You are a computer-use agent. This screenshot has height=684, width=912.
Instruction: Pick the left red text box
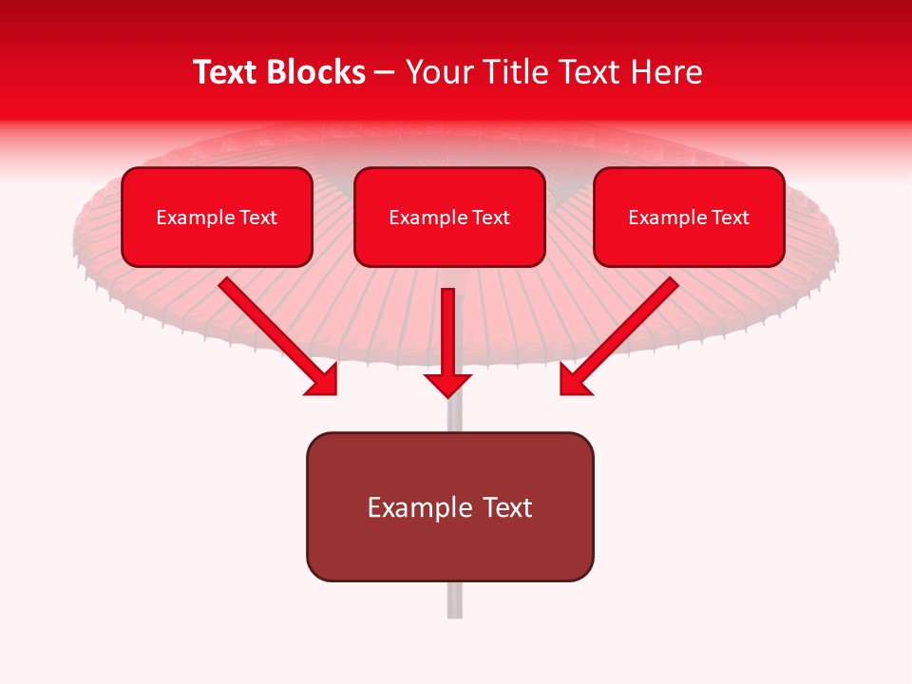click(217, 217)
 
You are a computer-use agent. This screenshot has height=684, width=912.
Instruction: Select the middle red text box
click(449, 217)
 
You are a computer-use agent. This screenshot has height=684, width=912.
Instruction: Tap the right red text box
click(689, 217)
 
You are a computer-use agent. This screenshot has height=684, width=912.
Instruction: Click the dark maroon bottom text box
click(449, 506)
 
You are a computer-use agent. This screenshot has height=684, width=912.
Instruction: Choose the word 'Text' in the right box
click(730, 218)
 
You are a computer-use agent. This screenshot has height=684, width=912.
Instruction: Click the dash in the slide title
click(385, 72)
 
